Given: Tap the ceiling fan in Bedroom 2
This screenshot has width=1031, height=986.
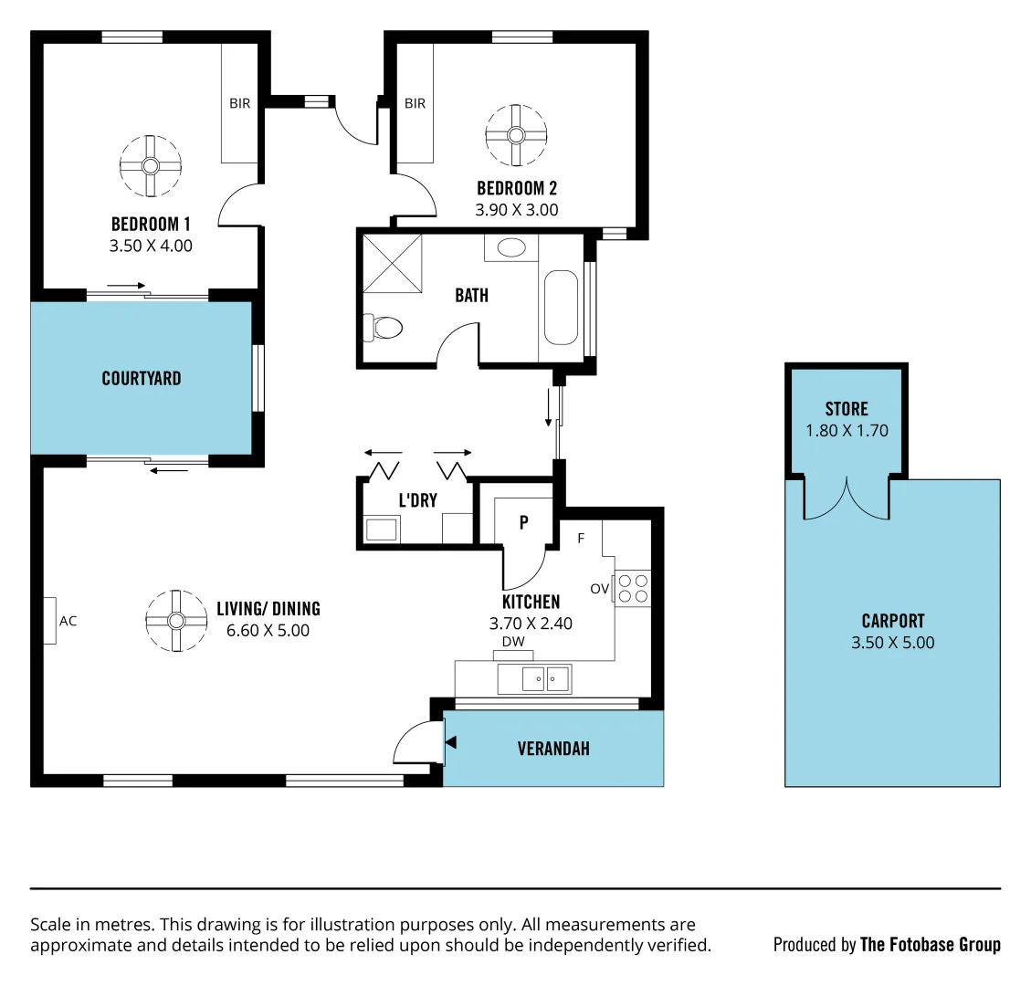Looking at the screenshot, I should tap(516, 135).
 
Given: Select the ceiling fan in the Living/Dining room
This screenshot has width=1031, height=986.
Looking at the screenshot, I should tap(176, 621).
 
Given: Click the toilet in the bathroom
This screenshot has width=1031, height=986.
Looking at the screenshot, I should tap(384, 326).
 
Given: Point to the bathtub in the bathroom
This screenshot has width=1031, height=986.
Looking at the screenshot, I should tap(561, 306).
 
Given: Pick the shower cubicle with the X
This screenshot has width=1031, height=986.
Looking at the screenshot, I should tap(394, 263).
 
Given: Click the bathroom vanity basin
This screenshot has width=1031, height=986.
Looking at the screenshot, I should tap(511, 247).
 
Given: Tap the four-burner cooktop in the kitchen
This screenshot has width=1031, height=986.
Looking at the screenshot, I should tap(632, 587).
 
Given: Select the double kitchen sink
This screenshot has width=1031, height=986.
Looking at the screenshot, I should tap(534, 678).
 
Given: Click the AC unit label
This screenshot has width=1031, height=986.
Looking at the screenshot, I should tap(68, 621).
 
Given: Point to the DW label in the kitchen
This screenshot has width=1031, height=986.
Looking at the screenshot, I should tap(513, 642).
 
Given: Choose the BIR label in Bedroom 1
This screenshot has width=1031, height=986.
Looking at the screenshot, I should tap(240, 104).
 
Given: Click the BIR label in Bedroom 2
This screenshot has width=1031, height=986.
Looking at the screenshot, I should tap(416, 104).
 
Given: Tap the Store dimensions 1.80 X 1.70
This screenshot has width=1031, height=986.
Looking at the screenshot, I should tap(847, 431).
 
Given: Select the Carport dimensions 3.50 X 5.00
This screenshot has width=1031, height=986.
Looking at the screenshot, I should tap(893, 643).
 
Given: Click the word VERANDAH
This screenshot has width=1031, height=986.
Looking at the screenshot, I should tap(553, 749).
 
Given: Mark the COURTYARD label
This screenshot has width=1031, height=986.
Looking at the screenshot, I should tap(142, 378).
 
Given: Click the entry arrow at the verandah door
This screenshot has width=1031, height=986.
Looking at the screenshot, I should tap(449, 743).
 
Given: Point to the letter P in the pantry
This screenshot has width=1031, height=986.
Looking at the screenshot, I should tap(524, 523).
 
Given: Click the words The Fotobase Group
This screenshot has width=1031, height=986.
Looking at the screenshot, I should tap(930, 945).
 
